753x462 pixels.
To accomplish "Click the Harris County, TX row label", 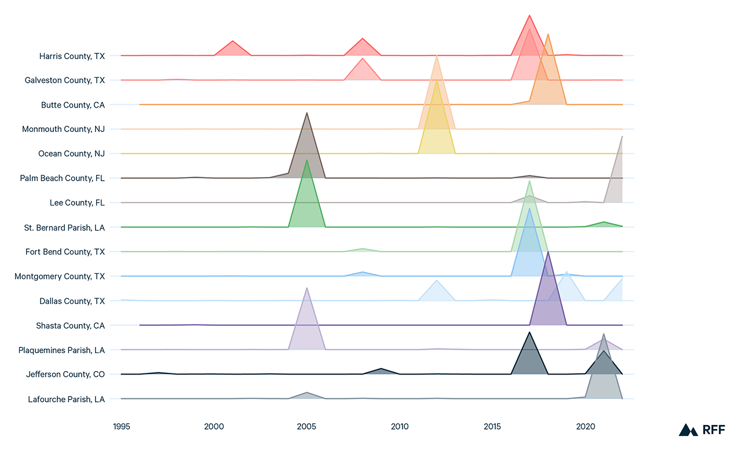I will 72,56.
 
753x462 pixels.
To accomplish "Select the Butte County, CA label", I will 73,105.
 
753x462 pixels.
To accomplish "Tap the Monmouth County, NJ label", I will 63,129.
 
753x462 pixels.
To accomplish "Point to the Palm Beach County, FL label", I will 62,178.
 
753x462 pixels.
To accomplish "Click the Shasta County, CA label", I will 70,326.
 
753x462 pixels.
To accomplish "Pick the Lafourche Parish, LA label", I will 66,399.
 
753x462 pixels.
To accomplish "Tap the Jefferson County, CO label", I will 65,375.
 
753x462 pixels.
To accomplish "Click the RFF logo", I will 701,429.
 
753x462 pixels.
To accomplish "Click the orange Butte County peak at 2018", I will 548,41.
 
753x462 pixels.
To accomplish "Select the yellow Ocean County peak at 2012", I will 437,87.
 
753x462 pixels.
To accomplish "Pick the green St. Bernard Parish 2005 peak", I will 307,165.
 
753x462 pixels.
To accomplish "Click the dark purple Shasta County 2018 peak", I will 548,258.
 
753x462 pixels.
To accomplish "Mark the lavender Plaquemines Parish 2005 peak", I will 307,292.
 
